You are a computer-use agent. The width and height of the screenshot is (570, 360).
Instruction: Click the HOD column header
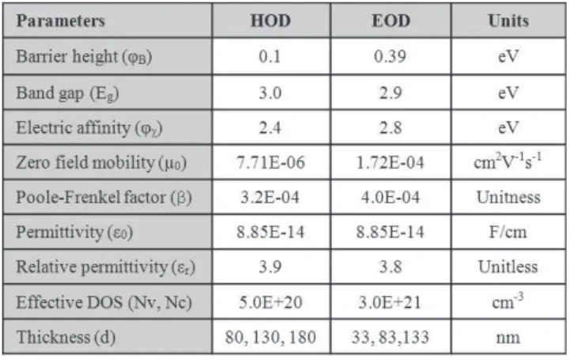click(270, 21)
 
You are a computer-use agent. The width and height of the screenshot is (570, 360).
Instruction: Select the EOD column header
click(391, 21)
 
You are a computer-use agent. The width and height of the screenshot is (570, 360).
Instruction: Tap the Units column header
click(508, 21)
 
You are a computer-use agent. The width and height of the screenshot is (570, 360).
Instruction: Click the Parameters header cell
click(60, 21)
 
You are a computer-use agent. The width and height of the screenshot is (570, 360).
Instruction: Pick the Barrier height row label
click(84, 57)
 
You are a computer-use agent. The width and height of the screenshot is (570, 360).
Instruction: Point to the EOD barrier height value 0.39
click(390, 56)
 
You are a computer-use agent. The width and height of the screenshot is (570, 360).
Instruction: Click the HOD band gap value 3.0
click(270, 93)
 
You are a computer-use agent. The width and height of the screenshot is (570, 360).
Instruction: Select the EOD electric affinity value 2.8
click(391, 127)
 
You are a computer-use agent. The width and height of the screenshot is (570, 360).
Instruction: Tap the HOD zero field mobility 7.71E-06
click(270, 162)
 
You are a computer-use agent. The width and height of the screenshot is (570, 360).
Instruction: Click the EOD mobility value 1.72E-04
click(390, 162)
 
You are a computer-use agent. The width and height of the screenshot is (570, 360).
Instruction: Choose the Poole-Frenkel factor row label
click(104, 198)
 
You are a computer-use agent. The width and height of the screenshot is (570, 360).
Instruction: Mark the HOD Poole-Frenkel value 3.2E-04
click(270, 198)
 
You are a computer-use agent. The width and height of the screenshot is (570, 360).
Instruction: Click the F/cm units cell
click(508, 232)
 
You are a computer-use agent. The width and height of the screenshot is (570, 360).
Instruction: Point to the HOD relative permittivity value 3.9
click(270, 267)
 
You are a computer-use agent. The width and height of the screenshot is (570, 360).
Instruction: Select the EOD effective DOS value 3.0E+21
click(390, 302)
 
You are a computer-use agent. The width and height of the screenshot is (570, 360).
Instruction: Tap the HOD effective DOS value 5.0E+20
click(270, 302)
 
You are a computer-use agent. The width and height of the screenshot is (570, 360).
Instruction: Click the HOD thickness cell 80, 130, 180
click(270, 337)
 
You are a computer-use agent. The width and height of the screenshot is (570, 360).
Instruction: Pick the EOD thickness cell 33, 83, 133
click(390, 337)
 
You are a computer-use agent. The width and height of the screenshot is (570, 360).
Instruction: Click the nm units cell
click(508, 338)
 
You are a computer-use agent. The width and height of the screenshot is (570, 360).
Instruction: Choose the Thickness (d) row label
click(66, 337)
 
